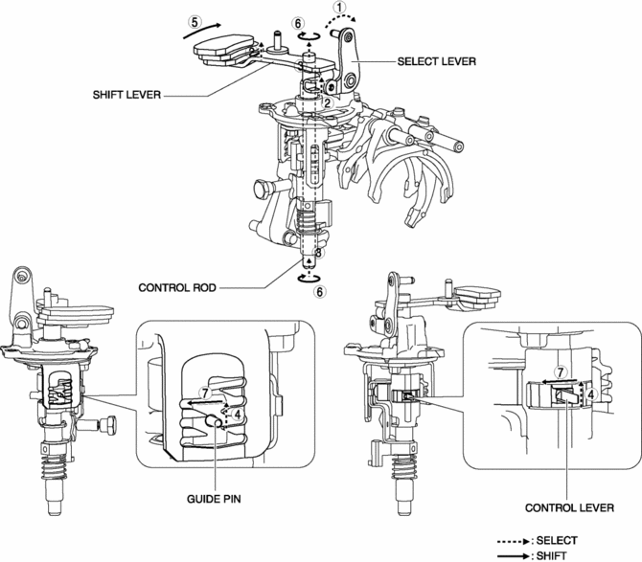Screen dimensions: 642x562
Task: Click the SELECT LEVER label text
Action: pyautogui.click(x=436, y=62)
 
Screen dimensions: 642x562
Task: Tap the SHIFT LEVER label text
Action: pyautogui.click(x=126, y=95)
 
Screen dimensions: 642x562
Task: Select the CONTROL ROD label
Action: pyautogui.click(x=177, y=288)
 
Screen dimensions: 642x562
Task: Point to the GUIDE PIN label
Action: pyautogui.click(x=214, y=499)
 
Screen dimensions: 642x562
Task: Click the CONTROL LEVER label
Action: pyautogui.click(x=569, y=508)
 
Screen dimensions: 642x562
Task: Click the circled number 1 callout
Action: pyautogui.click(x=339, y=7)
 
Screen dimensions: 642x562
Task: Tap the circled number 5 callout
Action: pyautogui.click(x=195, y=22)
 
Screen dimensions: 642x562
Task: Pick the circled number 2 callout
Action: pyautogui.click(x=327, y=103)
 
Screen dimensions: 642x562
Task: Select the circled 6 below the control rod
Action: pyautogui.click(x=320, y=292)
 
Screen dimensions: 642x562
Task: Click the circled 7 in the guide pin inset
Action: pyautogui.click(x=206, y=393)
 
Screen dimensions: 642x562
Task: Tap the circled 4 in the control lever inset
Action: pyautogui.click(x=590, y=394)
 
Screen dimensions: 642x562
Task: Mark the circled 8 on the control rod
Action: pyautogui.click(x=318, y=253)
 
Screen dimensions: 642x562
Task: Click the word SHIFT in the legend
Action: pyautogui.click(x=551, y=556)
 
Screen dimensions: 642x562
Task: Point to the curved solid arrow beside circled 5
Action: pyautogui.click(x=202, y=31)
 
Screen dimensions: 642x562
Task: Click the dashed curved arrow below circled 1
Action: pyautogui.click(x=341, y=20)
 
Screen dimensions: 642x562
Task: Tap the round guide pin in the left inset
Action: pyautogui.click(x=214, y=419)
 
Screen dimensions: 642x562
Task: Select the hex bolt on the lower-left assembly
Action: pyautogui.click(x=108, y=425)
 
